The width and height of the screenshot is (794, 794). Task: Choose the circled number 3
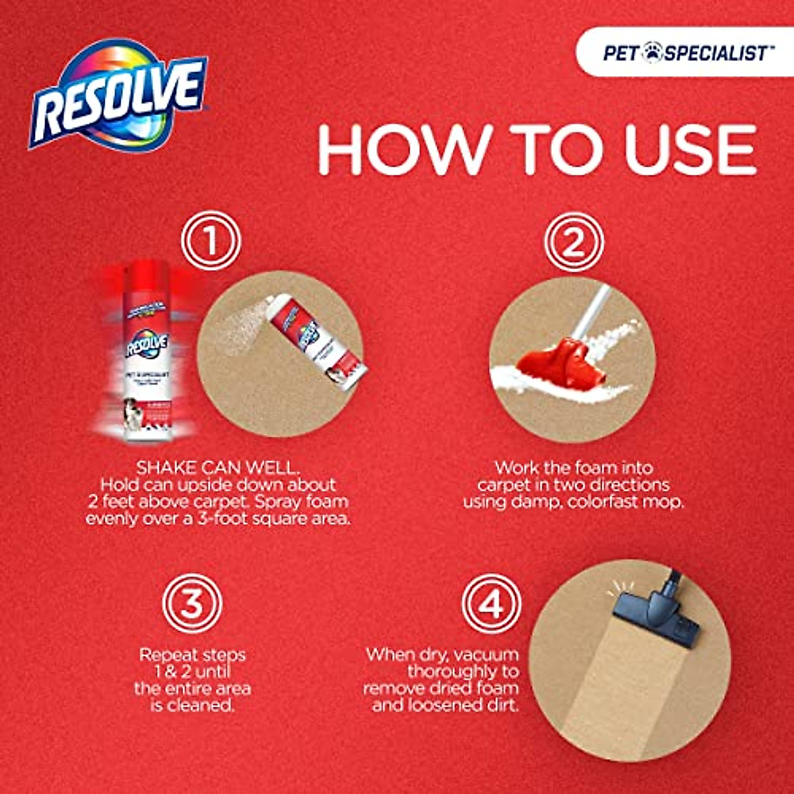click(x=192, y=603)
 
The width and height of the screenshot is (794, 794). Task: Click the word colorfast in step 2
click(x=607, y=502)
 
